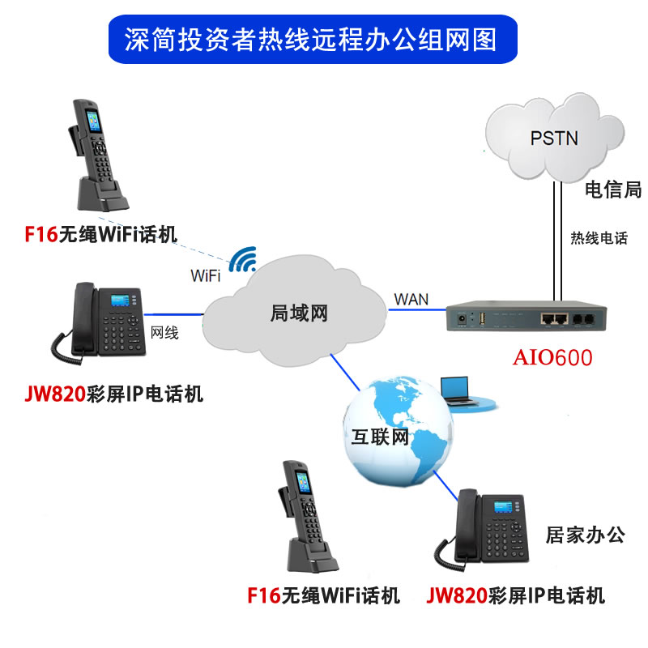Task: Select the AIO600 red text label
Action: coord(552,357)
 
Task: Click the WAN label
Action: coord(411,298)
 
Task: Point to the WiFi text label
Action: coord(206,275)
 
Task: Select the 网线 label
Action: coord(164,332)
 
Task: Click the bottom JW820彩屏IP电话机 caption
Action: coord(516,597)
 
